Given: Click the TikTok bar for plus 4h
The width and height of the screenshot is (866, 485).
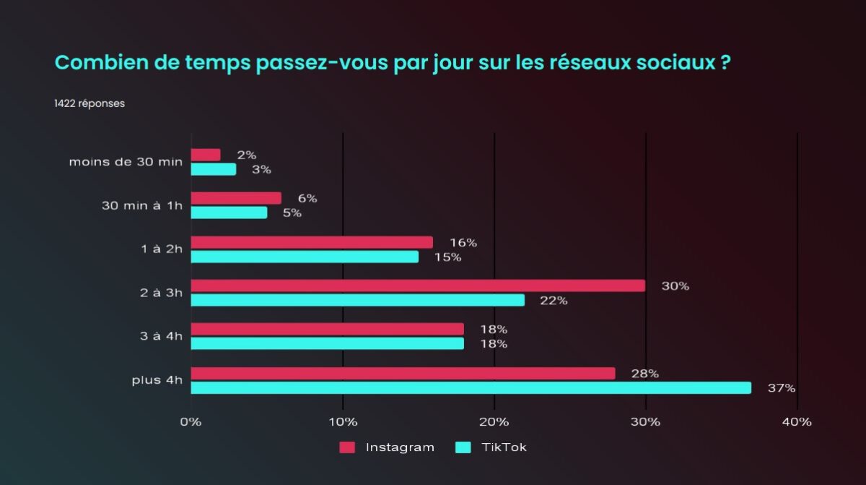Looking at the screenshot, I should (x=471, y=388).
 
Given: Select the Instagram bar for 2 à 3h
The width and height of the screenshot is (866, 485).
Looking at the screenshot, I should (x=418, y=286).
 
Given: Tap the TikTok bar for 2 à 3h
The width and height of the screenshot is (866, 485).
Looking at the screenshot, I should (x=357, y=300).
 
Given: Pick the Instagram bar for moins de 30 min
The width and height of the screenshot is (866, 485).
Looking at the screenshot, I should (x=206, y=155).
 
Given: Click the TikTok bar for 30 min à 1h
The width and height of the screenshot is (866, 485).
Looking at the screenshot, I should (x=229, y=213).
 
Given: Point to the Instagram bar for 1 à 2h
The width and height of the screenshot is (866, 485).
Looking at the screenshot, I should (x=312, y=242).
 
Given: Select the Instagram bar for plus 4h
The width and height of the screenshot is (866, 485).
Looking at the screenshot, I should (x=403, y=373).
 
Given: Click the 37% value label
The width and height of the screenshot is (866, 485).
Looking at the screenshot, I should (x=782, y=388).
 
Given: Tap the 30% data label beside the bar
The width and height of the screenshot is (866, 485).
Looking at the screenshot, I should (x=675, y=286).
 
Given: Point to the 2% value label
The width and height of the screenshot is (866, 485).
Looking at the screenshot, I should (x=247, y=155).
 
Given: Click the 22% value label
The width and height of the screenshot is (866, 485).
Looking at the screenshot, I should (x=554, y=301).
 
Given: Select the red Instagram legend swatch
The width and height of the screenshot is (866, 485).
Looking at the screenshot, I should (x=347, y=447).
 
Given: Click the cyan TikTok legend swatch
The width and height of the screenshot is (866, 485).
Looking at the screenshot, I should (x=463, y=447).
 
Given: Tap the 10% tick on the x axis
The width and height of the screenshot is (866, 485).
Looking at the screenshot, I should (x=342, y=422).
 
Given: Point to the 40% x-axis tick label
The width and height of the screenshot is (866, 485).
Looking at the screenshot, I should (x=797, y=422).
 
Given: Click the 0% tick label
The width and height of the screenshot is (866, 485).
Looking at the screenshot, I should (x=191, y=422).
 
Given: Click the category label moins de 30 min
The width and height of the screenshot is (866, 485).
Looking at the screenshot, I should (x=126, y=161).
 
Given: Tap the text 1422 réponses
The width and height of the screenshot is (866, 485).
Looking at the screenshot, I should (x=89, y=103).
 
